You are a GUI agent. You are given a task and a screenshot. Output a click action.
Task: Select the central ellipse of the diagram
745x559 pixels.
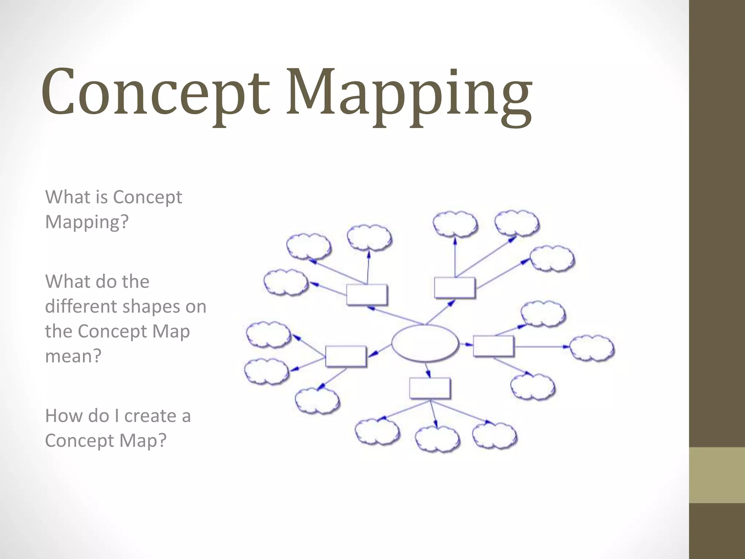pos(425,343)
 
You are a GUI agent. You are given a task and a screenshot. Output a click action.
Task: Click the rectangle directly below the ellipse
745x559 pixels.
pos(430,388)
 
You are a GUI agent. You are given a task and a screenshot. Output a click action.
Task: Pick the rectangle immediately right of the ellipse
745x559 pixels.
pos(493,346)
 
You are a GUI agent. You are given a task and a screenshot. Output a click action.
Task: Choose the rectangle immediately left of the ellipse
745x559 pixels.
pos(346,356)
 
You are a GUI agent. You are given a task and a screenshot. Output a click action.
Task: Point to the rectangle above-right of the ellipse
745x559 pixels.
pos(455,288)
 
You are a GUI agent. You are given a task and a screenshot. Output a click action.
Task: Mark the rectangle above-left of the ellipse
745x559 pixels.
pos(366,294)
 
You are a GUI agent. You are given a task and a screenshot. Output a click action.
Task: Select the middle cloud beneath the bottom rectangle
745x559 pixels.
pos(437,439)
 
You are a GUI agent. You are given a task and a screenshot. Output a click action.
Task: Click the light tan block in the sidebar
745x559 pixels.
pos(717,475)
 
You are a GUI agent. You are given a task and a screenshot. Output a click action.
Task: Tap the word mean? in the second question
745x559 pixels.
pos(73,356)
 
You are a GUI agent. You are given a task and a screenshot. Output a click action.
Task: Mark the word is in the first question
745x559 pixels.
pos(102,197)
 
